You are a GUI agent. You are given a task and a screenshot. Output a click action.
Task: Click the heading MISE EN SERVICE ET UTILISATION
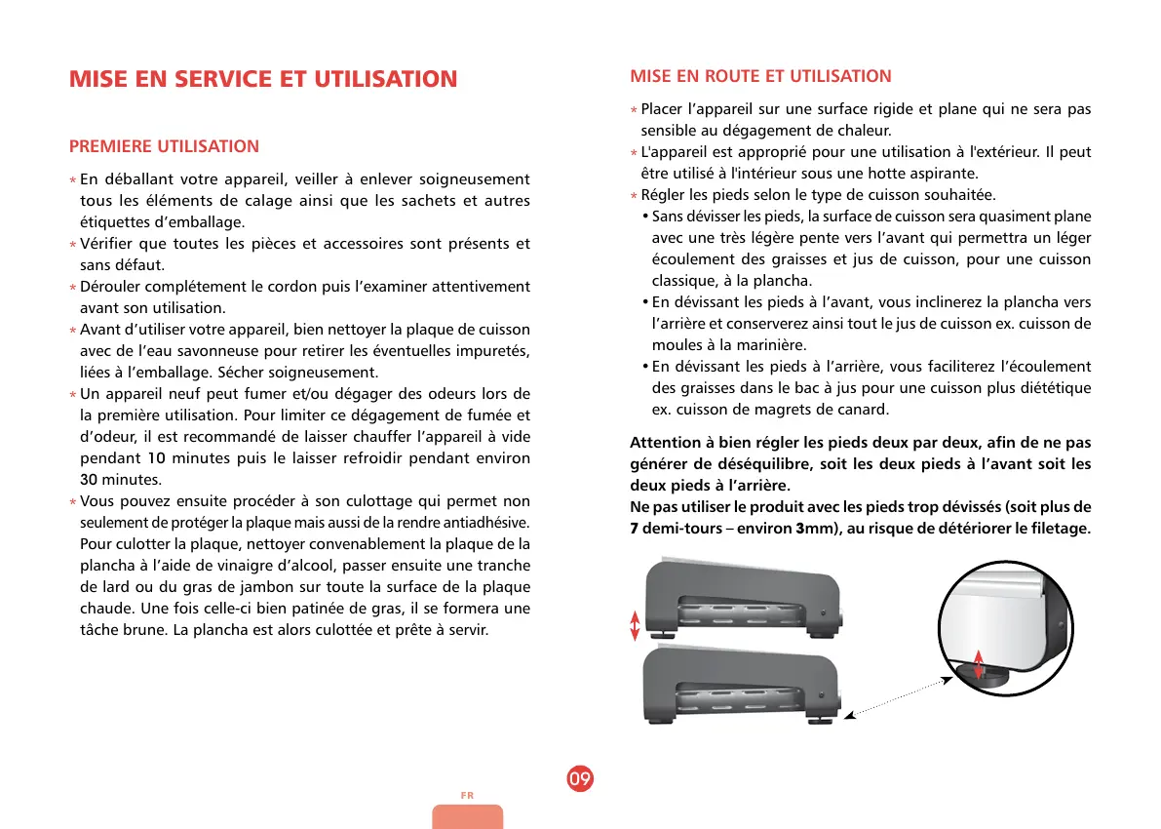coord(263,79)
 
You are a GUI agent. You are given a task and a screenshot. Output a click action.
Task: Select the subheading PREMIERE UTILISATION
coord(164,146)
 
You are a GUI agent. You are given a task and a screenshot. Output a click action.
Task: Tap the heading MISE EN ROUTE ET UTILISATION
coord(760,76)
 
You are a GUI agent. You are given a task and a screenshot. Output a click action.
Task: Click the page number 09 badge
coord(580,779)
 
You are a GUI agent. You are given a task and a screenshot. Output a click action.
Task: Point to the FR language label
coord(467,796)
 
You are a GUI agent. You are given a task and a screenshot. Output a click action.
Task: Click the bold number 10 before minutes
coord(157,458)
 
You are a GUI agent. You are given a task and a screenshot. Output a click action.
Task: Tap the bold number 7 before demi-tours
coord(635,529)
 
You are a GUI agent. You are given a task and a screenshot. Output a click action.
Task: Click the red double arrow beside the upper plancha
coord(635,625)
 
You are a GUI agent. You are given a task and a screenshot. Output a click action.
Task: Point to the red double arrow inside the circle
coord(979,655)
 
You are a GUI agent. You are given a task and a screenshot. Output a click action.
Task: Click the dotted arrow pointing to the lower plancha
coord(897,696)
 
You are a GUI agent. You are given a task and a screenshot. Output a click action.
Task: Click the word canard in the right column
coord(864,410)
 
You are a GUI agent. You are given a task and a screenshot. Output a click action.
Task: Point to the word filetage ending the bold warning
coord(1056,529)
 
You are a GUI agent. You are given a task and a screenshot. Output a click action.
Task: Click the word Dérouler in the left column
coord(110,287)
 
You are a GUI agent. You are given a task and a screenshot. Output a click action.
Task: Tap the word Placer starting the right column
coord(662,109)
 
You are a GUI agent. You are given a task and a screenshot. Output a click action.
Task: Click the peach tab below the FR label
coord(468,817)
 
